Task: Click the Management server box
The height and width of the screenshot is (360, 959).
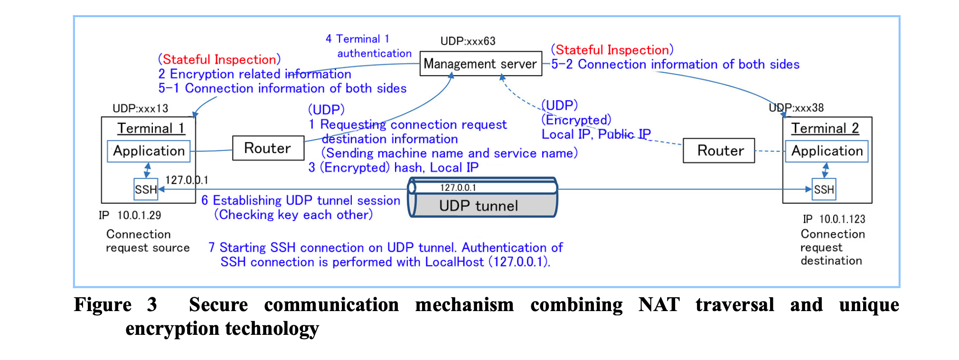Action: (x=480, y=64)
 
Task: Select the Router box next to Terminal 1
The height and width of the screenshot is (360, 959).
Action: (x=268, y=148)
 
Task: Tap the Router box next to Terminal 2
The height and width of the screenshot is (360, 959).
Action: (x=719, y=151)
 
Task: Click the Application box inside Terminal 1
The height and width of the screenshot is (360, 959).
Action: (x=149, y=151)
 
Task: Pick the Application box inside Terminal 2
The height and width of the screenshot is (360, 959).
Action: (x=827, y=151)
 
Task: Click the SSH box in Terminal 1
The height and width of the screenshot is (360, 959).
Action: (x=145, y=189)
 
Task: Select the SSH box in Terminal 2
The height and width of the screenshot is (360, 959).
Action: (x=824, y=189)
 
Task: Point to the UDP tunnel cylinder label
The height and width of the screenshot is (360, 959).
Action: (x=478, y=206)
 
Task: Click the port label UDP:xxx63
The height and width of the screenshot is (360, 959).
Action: (x=468, y=41)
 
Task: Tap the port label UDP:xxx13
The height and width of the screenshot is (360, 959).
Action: (x=140, y=108)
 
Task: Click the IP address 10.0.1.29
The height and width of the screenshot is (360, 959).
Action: (x=139, y=215)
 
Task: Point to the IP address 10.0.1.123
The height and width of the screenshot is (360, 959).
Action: (x=842, y=219)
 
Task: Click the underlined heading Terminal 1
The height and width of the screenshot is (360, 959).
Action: (x=151, y=128)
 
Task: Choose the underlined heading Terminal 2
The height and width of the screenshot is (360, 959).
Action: (x=825, y=128)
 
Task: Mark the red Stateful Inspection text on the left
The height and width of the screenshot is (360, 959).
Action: (x=219, y=59)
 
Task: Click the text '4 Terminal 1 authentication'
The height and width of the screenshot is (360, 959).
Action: (x=368, y=46)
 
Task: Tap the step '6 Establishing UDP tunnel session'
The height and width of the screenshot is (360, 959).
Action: (x=301, y=200)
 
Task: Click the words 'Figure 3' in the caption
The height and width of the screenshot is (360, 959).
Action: (x=115, y=304)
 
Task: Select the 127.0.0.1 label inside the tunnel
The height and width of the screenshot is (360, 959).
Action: (x=458, y=188)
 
